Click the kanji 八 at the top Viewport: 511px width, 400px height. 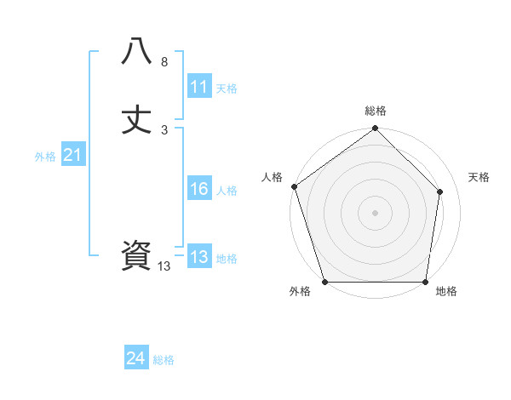tap(136, 52)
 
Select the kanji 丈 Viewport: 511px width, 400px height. tap(136, 120)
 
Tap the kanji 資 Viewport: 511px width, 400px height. tap(136, 256)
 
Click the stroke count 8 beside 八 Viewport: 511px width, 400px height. tap(164, 62)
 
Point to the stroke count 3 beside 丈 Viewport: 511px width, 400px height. tap(164, 130)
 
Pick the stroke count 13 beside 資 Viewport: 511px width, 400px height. tap(164, 266)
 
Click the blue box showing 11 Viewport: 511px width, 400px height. tap(198, 87)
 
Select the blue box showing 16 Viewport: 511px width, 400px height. tap(198, 190)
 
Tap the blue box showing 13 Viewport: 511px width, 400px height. tap(198, 257)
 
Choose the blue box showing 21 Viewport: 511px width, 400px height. tap(72, 155)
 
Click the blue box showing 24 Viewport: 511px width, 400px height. tap(136, 358)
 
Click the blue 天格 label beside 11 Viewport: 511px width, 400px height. tap(227, 88)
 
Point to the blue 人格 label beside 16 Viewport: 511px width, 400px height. tap(227, 191)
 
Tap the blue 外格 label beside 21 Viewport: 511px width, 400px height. tap(45, 156)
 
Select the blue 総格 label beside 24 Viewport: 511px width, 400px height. tap(164, 360)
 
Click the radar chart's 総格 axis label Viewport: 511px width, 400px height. tap(376, 111)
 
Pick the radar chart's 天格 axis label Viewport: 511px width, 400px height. tap(479, 177)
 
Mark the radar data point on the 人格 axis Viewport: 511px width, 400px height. tap(294, 186)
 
